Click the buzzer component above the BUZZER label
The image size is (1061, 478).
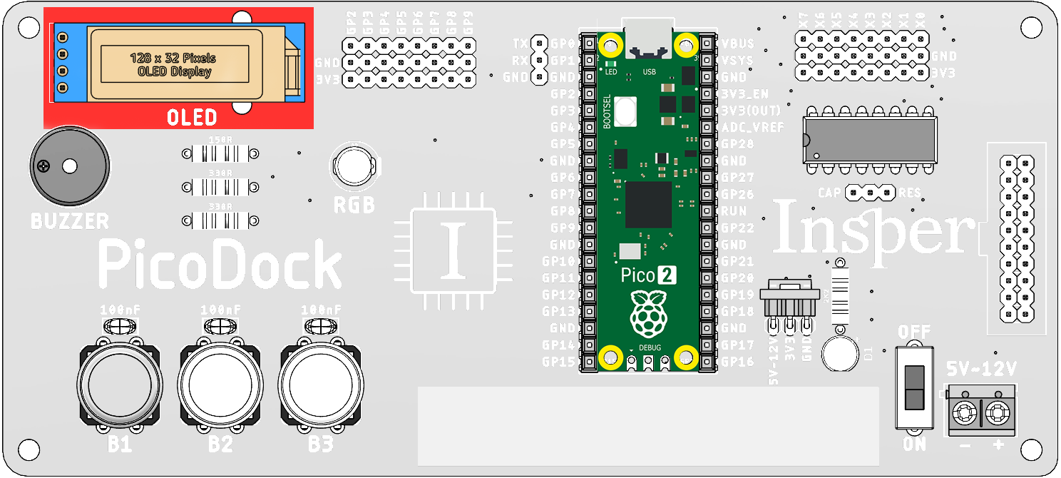point(70,166)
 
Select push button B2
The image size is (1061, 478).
point(220,386)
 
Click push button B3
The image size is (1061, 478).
point(321,386)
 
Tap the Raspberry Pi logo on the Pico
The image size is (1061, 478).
point(647,313)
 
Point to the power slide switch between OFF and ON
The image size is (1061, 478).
point(913,387)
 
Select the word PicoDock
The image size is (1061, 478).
point(220,263)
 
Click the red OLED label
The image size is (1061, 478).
point(192,117)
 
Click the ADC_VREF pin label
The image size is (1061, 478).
point(752,128)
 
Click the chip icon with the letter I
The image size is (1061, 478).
point(453,251)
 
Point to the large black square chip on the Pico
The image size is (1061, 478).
point(648,205)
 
